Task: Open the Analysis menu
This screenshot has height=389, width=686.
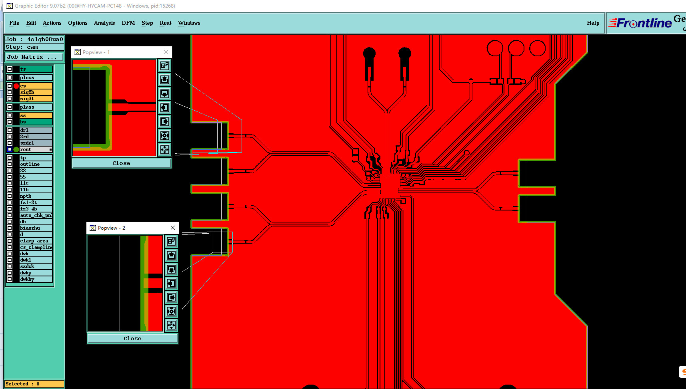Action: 104,23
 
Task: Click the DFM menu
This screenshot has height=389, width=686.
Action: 128,23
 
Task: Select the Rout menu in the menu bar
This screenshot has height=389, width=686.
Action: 166,23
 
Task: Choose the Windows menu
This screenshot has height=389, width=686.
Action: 189,23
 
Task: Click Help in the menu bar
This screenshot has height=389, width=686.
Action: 593,23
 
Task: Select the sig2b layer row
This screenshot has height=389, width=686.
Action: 36,92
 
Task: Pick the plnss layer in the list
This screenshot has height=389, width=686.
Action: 36,107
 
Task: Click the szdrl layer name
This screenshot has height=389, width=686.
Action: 36,143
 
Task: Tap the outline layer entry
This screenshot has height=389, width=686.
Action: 36,164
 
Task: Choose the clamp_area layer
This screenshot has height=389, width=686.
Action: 36,241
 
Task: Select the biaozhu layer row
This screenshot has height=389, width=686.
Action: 36,228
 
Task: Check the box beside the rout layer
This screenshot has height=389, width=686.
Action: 10,149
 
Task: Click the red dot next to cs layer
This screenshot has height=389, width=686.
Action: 16,86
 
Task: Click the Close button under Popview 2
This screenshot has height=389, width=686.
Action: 132,338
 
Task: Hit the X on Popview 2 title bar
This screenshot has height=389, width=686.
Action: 173,228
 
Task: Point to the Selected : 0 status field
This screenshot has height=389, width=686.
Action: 34,384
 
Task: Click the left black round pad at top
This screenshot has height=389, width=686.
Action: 369,53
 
